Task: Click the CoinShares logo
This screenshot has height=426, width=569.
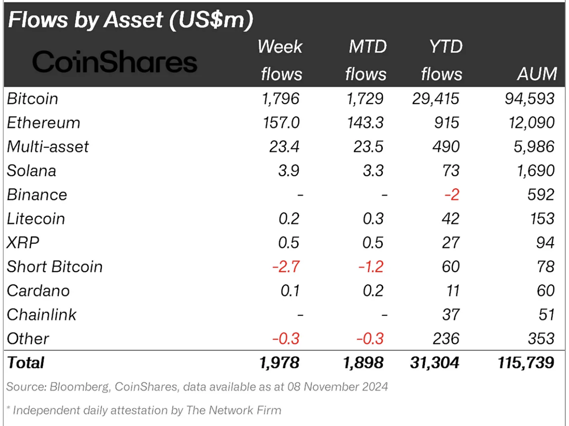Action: [x=115, y=62]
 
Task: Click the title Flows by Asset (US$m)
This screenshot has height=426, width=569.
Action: [x=130, y=20]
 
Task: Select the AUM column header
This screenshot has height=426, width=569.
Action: [x=537, y=74]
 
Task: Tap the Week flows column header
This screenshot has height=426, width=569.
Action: [x=281, y=60]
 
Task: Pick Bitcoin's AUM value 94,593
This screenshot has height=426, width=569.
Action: [x=529, y=99]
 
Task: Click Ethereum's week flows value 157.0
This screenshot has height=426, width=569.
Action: [x=281, y=123]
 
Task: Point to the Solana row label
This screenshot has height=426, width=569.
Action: [x=31, y=171]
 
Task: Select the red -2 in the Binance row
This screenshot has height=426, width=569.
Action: [x=451, y=195]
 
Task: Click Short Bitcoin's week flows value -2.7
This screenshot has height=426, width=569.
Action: [x=286, y=267]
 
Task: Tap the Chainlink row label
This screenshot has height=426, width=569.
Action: [x=42, y=315]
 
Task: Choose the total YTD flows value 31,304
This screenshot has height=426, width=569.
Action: [x=435, y=363]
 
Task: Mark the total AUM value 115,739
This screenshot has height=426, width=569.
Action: [x=526, y=363]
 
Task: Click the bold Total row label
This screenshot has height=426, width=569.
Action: [x=26, y=363]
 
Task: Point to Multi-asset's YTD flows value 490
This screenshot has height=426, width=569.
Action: [x=446, y=147]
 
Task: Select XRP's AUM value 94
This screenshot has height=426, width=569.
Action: [x=545, y=243]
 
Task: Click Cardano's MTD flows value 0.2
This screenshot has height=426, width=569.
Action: [x=373, y=291]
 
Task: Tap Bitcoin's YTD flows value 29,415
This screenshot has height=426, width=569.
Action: [x=435, y=99]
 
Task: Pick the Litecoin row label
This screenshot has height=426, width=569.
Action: [x=36, y=219]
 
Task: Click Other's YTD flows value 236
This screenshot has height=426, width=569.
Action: [x=446, y=339]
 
